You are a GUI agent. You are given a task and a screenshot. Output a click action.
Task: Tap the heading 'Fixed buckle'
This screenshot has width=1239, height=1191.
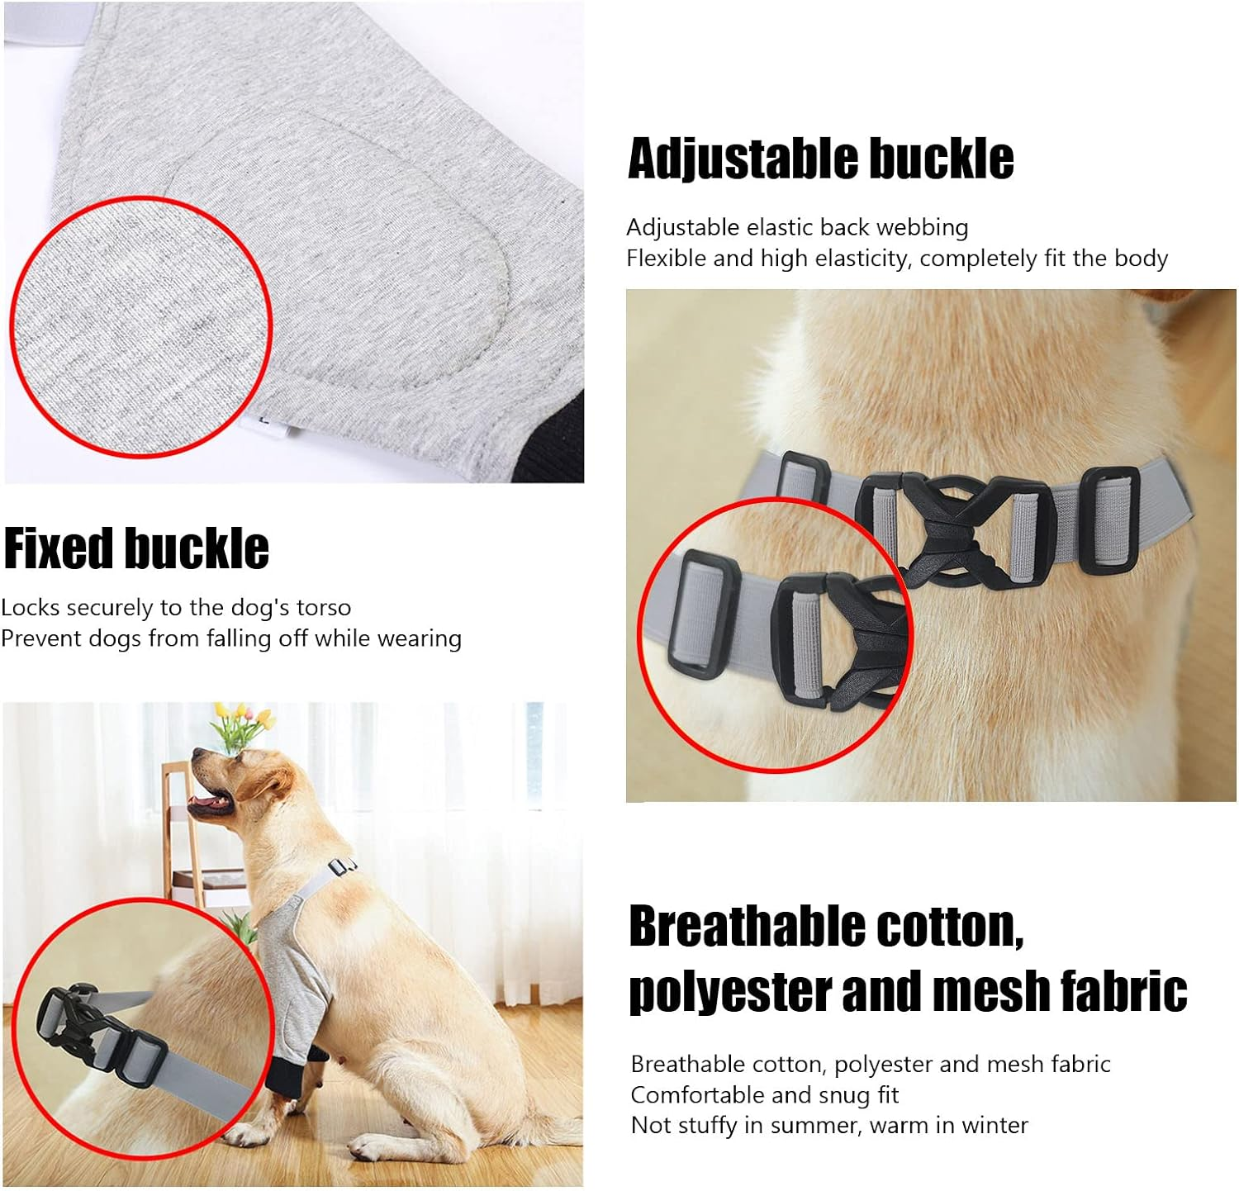pyautogui.click(x=136, y=549)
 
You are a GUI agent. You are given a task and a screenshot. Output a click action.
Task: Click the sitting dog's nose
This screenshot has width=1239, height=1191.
pyautogui.click(x=198, y=755)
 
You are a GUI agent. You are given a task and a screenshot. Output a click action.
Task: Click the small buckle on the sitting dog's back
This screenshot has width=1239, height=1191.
pyautogui.click(x=342, y=867)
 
